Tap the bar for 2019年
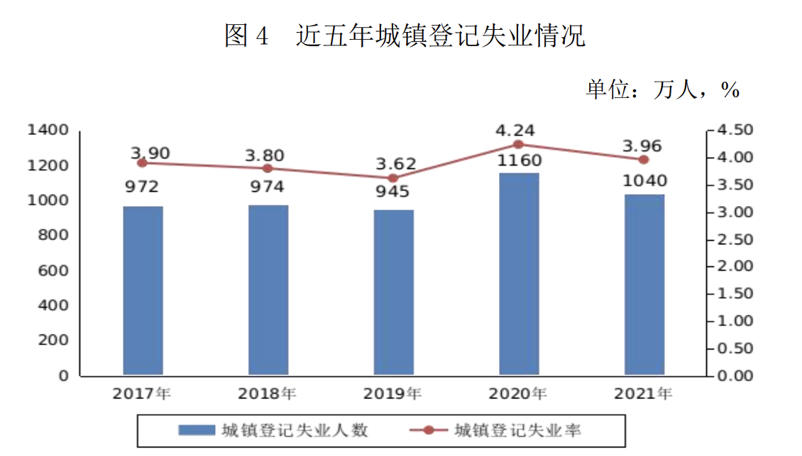pyautogui.click(x=394, y=292)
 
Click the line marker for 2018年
pyautogui.click(x=268, y=168)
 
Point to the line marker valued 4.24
pyautogui.click(x=518, y=144)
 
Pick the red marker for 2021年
pyautogui.click(x=644, y=160)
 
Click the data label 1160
pyautogui.click(x=518, y=161)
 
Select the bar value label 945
pyautogui.click(x=393, y=192)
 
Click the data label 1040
pyautogui.click(x=644, y=181)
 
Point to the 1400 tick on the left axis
pyautogui.click(x=48, y=131)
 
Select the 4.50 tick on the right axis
pyautogui.click(x=735, y=131)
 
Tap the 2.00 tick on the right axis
pyautogui.click(x=735, y=266)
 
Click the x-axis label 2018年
pyautogui.click(x=268, y=393)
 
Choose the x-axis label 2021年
pyautogui.click(x=644, y=393)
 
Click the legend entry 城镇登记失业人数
pyautogui.click(x=273, y=430)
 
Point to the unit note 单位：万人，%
pyautogui.click(x=663, y=89)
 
